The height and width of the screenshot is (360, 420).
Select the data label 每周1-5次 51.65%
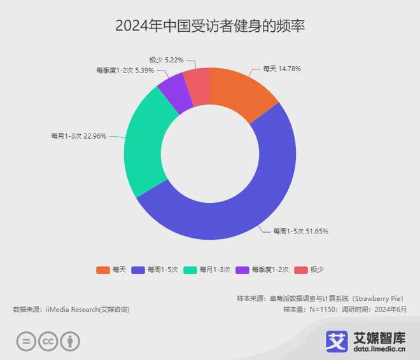[x=300, y=231]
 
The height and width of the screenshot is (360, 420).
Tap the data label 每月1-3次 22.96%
[x=78, y=135]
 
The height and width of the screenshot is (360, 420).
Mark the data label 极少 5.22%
[x=166, y=60]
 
